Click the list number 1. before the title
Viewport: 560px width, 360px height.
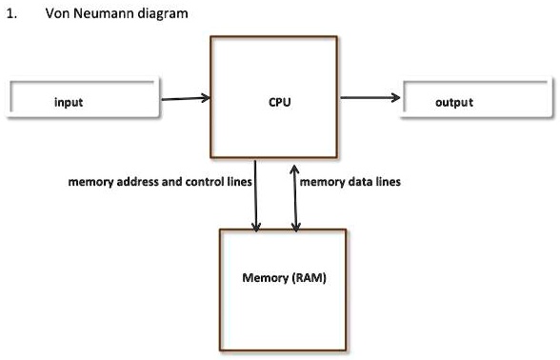[x=11, y=13]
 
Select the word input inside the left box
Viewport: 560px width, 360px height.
[x=69, y=102]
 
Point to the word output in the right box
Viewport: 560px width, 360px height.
[x=453, y=102]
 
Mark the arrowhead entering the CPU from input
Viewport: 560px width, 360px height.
[x=205, y=98]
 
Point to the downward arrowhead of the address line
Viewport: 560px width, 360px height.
[x=255, y=227]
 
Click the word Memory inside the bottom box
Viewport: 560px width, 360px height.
[x=264, y=278]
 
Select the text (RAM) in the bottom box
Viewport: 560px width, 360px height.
[x=306, y=278]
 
